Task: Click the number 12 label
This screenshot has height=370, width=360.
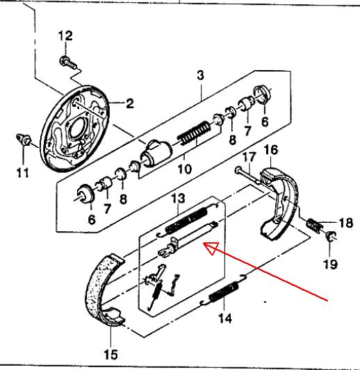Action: point(65,36)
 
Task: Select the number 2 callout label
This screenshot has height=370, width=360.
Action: point(130,103)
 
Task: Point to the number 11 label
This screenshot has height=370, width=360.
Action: point(23,172)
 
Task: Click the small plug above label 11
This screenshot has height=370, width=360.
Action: point(24,139)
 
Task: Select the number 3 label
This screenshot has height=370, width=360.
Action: point(200,76)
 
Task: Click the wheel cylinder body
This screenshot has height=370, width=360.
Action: point(156,153)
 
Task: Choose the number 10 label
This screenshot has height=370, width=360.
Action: point(184,169)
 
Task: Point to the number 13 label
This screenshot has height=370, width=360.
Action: point(179,199)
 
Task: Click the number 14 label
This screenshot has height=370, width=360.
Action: point(225,319)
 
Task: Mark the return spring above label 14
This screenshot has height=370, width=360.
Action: point(223,292)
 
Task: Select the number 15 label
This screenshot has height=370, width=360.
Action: point(111,354)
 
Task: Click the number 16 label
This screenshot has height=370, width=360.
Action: point(271,150)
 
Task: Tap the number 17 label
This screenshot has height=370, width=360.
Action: point(249,157)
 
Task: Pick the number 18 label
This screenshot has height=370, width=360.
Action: point(346,222)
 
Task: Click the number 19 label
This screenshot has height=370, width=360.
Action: point(331,264)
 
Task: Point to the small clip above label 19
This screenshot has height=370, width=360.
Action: point(331,236)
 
